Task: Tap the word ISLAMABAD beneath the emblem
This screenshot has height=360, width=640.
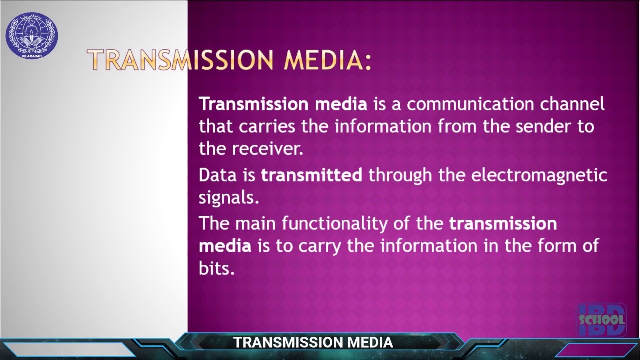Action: click(x=32, y=56)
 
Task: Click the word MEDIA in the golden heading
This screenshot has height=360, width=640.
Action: click(x=327, y=60)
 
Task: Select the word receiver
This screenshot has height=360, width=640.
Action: click(x=267, y=149)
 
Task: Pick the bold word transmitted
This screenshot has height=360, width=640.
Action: click(x=312, y=175)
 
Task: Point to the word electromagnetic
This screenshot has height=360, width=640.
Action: click(x=539, y=175)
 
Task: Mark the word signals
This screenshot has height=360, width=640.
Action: click(x=229, y=198)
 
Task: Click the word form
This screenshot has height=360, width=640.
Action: click(x=555, y=246)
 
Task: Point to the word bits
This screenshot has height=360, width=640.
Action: click(x=216, y=268)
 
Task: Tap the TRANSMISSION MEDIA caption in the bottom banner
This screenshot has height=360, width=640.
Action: click(x=313, y=343)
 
